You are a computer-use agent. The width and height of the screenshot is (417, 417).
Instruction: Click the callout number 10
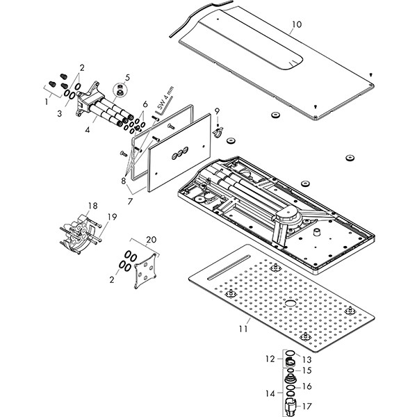coord(296,24)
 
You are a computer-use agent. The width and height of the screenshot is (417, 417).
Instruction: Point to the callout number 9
coord(217,111)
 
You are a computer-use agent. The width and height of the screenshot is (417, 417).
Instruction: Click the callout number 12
coord(271,360)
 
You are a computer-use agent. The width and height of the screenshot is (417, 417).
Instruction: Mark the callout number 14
coord(271,393)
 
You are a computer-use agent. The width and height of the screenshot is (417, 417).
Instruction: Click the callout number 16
coord(308,386)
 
